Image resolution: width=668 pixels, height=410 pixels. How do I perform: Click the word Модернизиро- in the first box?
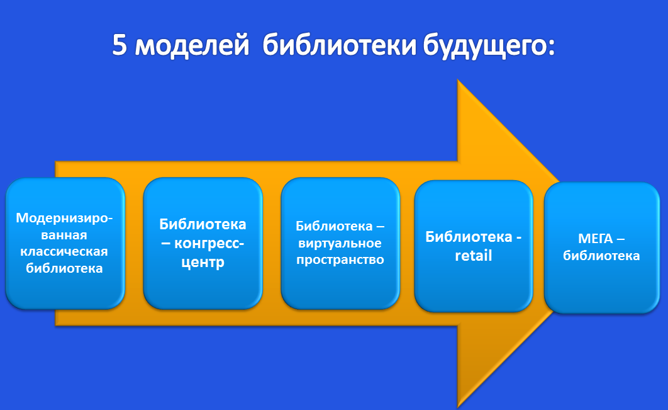(x=65, y=218)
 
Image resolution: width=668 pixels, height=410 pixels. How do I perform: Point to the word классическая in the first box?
(x=65, y=252)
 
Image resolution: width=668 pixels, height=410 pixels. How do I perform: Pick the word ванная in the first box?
(x=65, y=235)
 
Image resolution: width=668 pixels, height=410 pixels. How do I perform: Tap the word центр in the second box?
(x=203, y=263)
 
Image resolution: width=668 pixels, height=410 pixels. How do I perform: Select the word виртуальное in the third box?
(x=340, y=243)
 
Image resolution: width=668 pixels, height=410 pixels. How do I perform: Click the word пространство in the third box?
(x=340, y=259)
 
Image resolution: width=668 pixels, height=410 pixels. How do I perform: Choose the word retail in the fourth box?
(x=473, y=256)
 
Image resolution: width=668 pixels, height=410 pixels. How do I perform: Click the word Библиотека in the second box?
(x=203, y=224)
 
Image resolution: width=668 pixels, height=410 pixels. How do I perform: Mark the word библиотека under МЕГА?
(x=601, y=256)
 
